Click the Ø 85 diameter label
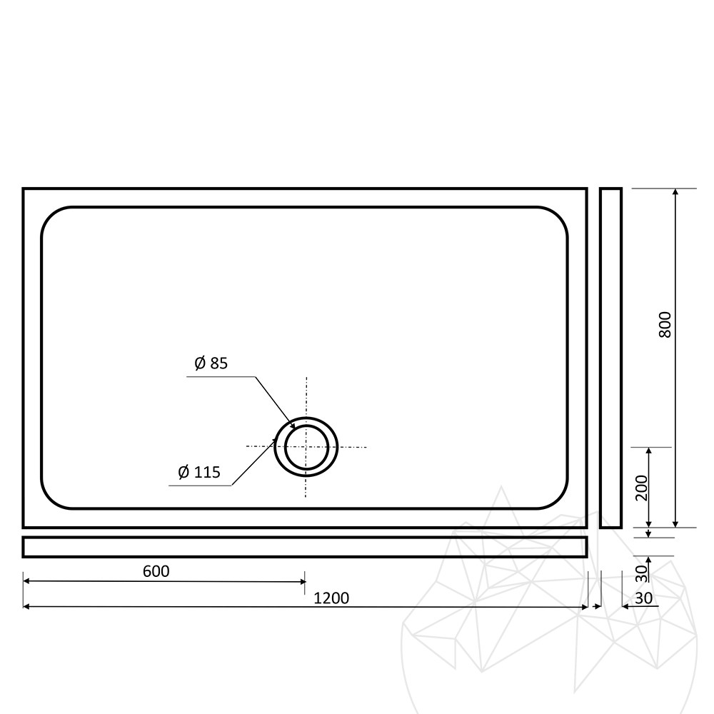click(x=211, y=363)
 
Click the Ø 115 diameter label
click(x=199, y=472)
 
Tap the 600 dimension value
click(x=156, y=571)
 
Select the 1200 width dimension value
click(x=331, y=598)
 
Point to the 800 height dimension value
click(x=665, y=324)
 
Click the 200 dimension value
click(x=641, y=488)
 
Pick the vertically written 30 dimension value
click(x=641, y=573)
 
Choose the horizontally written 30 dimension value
click(x=643, y=598)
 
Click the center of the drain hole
click(x=306, y=447)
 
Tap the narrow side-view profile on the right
click(x=610, y=358)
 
